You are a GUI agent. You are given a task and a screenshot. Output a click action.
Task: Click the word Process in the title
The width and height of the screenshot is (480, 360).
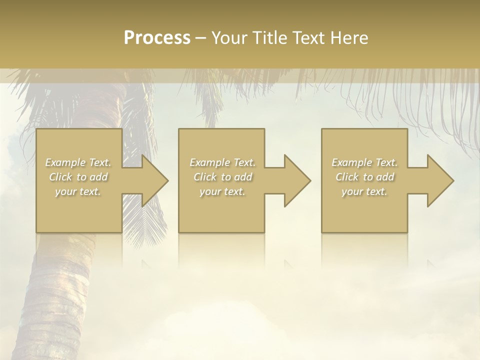[157, 38]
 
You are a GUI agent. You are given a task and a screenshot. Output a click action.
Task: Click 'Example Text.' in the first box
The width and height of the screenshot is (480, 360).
[78, 162]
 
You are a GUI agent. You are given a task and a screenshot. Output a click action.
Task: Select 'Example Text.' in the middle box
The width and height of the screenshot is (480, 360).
[222, 162]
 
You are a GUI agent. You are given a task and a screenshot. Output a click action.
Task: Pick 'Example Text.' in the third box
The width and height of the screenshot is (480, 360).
[364, 162]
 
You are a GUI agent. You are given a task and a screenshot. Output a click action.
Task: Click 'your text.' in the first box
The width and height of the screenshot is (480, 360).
[78, 191]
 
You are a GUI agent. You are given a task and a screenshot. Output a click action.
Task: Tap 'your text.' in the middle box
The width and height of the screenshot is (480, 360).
[222, 191]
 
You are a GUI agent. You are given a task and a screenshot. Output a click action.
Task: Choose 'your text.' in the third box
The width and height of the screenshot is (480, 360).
[364, 191]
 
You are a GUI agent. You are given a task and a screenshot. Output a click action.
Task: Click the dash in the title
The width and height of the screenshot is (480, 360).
[201, 38]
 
